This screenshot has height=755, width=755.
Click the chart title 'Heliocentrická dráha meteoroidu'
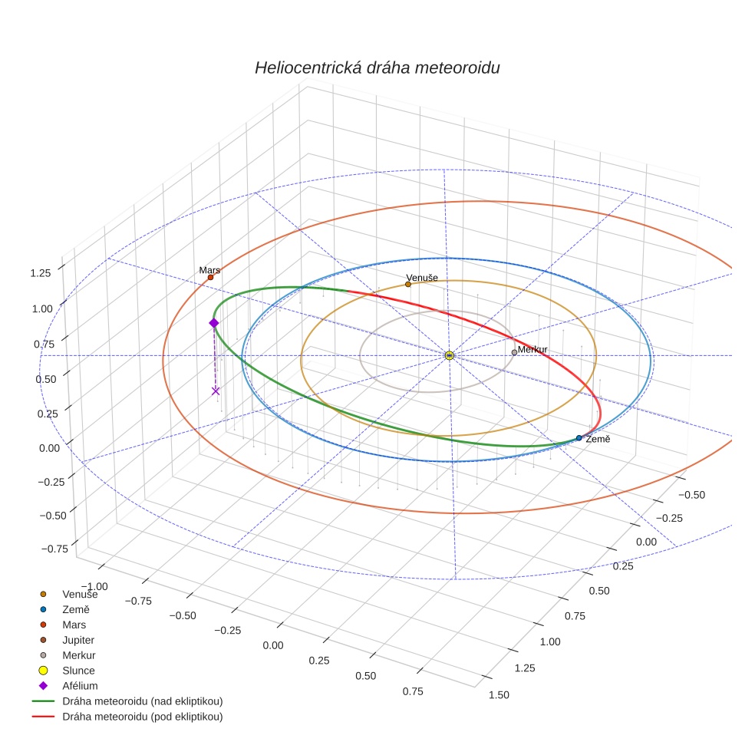377,68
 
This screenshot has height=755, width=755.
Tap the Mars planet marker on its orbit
210,277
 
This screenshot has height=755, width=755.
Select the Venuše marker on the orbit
407,284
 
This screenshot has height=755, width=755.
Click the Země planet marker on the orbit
579,437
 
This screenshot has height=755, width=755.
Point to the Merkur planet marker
514,352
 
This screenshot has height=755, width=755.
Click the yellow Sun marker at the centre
449,355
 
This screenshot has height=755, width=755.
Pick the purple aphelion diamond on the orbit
214,323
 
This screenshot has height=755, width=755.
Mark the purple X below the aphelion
216,391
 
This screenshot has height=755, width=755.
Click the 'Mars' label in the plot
209,270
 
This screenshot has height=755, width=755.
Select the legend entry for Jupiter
78,640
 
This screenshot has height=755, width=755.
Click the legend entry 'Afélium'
80,686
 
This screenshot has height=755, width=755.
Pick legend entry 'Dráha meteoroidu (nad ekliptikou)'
142,701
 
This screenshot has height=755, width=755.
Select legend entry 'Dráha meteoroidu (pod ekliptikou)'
142,717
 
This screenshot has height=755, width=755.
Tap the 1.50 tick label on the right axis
498,695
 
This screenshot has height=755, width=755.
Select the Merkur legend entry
79,655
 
